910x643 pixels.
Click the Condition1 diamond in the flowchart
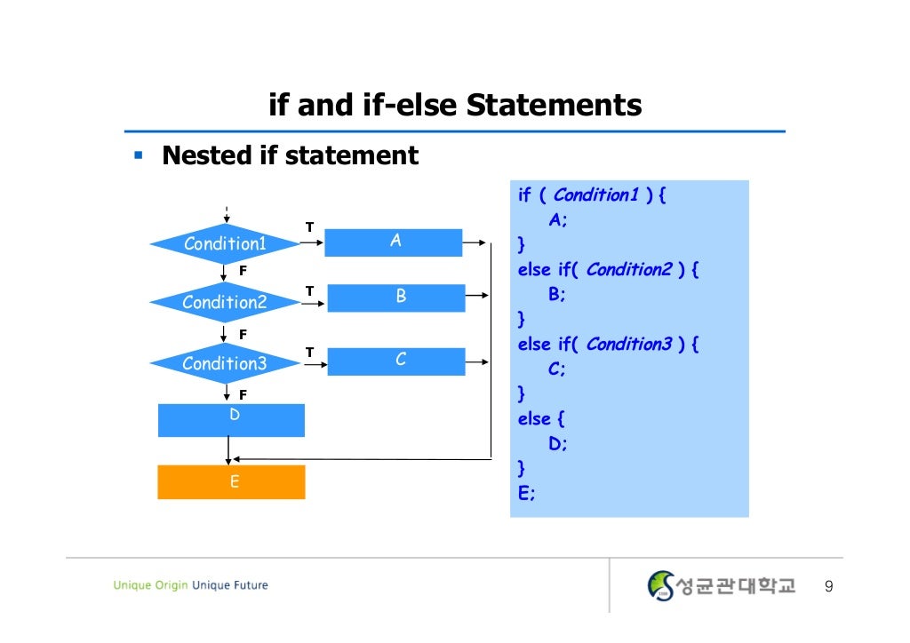point(225,243)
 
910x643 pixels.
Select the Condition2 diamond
point(225,303)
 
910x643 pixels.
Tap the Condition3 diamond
point(225,363)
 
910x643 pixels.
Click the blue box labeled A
point(394,242)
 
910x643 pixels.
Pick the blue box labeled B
point(396,298)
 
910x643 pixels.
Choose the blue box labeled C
point(396,361)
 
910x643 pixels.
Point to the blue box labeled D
point(231,420)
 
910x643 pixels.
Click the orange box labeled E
point(231,482)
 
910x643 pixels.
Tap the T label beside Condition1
point(309,227)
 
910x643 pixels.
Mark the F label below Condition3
point(243,393)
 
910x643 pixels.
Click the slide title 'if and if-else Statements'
point(455,107)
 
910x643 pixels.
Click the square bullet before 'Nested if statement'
point(138,156)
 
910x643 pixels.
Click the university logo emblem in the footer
point(661,585)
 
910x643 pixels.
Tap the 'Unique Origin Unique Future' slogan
point(190,585)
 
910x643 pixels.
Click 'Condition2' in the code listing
point(628,269)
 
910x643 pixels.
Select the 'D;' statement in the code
point(557,442)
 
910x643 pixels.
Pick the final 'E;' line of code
point(527,492)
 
